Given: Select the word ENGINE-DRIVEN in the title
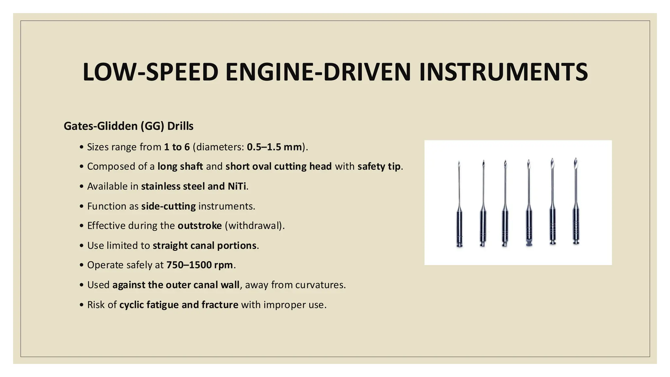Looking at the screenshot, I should pyautogui.click(x=318, y=72).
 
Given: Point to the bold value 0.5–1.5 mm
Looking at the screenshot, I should pyautogui.click(x=274, y=147).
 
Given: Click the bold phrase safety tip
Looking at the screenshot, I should pyautogui.click(x=379, y=167).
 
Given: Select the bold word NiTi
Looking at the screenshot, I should pyautogui.click(x=237, y=186).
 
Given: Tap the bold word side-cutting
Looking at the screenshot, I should pyautogui.click(x=168, y=206).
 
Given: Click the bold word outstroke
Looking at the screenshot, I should pyautogui.click(x=200, y=226).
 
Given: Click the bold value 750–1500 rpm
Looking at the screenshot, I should pyautogui.click(x=200, y=265).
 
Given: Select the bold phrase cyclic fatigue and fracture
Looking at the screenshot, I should pyautogui.click(x=179, y=305).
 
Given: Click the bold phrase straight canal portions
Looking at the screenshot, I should pyautogui.click(x=204, y=245).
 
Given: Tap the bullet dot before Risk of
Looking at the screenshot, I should pyautogui.click(x=81, y=305).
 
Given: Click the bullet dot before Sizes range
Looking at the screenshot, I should pyautogui.click(x=81, y=147).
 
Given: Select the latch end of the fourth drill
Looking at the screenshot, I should pyautogui.click(x=529, y=243).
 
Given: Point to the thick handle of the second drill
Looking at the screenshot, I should pyautogui.click(x=483, y=226).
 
